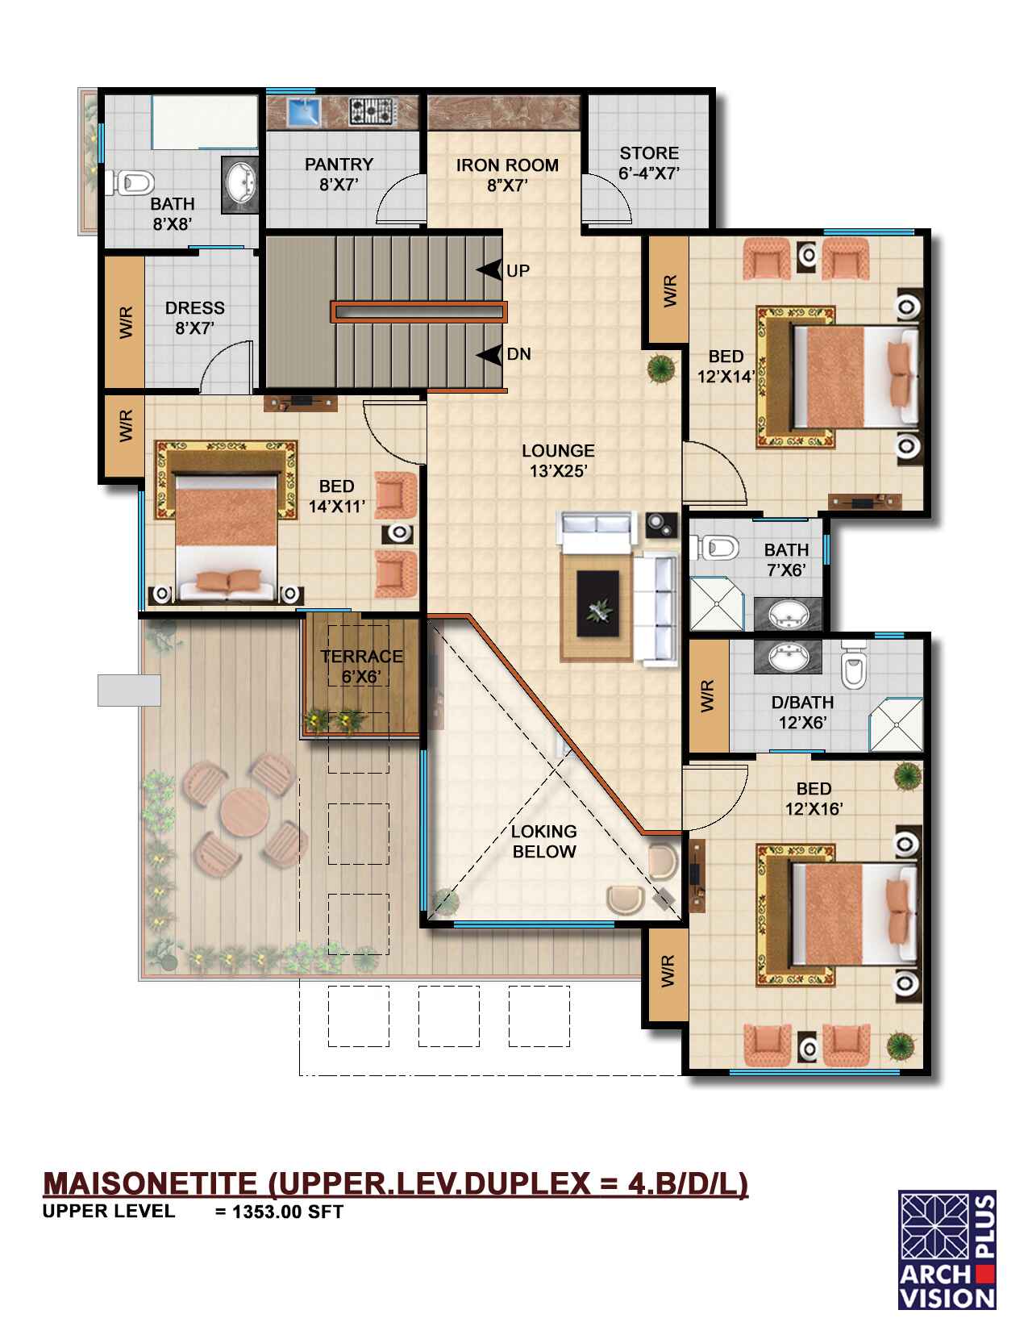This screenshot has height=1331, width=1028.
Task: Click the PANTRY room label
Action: tap(339, 174)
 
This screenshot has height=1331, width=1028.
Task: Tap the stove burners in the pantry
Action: tap(370, 111)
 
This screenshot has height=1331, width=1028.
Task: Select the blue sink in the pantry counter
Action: tap(304, 111)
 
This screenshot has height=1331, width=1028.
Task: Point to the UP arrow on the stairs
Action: tap(490, 269)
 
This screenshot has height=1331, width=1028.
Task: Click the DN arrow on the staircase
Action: tap(490, 355)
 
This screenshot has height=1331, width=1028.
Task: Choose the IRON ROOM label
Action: tap(507, 174)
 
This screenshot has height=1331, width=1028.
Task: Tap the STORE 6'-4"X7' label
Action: tap(649, 163)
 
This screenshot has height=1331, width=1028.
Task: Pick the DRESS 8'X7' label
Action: tap(194, 317)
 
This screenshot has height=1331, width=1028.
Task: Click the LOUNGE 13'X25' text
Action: tap(558, 461)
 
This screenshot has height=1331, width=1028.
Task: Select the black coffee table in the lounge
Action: tap(597, 603)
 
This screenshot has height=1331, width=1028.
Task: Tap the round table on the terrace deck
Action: tap(245, 811)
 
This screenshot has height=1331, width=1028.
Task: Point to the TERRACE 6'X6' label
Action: tap(362, 666)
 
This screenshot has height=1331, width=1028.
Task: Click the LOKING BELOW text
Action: tap(543, 841)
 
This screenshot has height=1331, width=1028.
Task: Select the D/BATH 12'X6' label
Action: tap(802, 712)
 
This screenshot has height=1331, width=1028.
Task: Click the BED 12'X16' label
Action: tap(814, 799)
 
